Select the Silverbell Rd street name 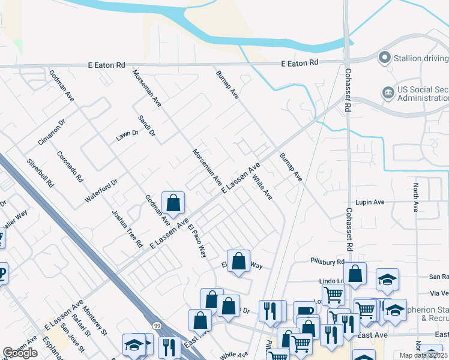point(40,173)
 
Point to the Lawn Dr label point(127,137)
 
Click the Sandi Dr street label point(146,125)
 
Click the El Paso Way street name point(197,240)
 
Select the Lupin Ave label point(369,202)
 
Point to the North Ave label point(415,198)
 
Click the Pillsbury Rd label point(327,261)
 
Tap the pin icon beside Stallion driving point(384,58)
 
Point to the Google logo point(20,353)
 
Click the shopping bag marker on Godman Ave point(173,204)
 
